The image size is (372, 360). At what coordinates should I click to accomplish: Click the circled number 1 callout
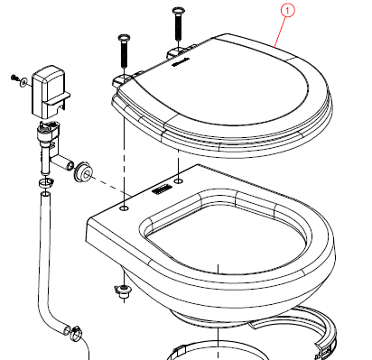coord(287,11)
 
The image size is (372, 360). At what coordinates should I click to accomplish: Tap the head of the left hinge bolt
coord(124,38)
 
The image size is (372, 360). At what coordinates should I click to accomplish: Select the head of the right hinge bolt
coord(178,11)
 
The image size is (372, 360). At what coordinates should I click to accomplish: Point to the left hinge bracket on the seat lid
coord(121,79)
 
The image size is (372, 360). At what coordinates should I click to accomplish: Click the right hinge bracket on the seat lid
coord(174,52)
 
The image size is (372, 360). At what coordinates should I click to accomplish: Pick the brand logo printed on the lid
coord(180,61)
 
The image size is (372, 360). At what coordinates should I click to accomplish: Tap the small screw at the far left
coord(14,78)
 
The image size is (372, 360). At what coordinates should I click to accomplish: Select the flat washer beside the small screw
coord(23,82)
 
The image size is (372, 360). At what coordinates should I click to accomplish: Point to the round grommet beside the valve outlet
coord(84,172)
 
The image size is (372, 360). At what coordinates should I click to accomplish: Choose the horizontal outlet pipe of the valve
coord(62,162)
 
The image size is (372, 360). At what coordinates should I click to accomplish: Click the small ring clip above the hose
coord(46,182)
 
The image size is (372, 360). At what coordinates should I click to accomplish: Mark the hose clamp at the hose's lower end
coord(76,334)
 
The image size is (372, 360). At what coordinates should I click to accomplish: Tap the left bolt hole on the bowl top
coord(124,208)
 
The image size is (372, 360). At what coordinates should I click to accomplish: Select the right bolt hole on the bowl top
coord(179,180)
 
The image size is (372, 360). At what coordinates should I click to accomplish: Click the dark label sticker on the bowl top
coord(162,190)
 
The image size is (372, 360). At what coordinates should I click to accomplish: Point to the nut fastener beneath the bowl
coord(124,291)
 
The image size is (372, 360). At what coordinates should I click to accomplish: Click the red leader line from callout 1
coord(281,32)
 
